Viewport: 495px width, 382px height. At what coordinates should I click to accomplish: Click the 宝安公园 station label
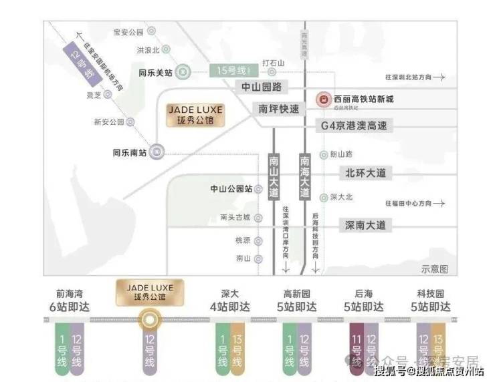point(129,32)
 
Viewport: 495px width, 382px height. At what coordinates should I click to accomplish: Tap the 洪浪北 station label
point(148,50)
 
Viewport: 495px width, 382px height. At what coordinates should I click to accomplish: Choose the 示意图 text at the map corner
point(434,269)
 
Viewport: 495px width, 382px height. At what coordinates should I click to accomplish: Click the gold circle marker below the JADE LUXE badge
point(149,320)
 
